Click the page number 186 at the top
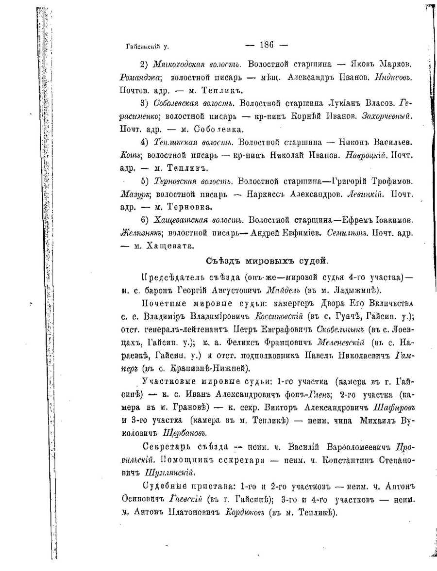coord(267,45)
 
